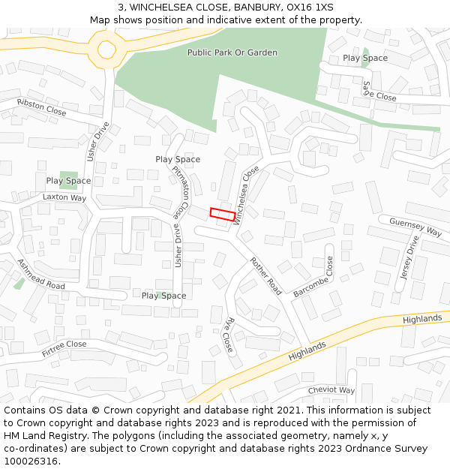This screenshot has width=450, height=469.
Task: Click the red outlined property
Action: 222,214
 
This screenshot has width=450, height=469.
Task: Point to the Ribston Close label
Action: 41,107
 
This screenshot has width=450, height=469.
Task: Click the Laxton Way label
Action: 64,197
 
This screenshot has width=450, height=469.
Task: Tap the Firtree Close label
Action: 64,347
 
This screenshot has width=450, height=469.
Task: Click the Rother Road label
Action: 265,276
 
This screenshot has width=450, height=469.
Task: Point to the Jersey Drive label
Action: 409,258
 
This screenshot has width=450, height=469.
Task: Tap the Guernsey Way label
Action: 415,227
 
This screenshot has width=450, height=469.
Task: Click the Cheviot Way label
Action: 331,390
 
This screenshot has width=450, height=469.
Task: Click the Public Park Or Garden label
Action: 232,53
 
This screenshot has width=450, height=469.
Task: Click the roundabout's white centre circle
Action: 106,50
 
